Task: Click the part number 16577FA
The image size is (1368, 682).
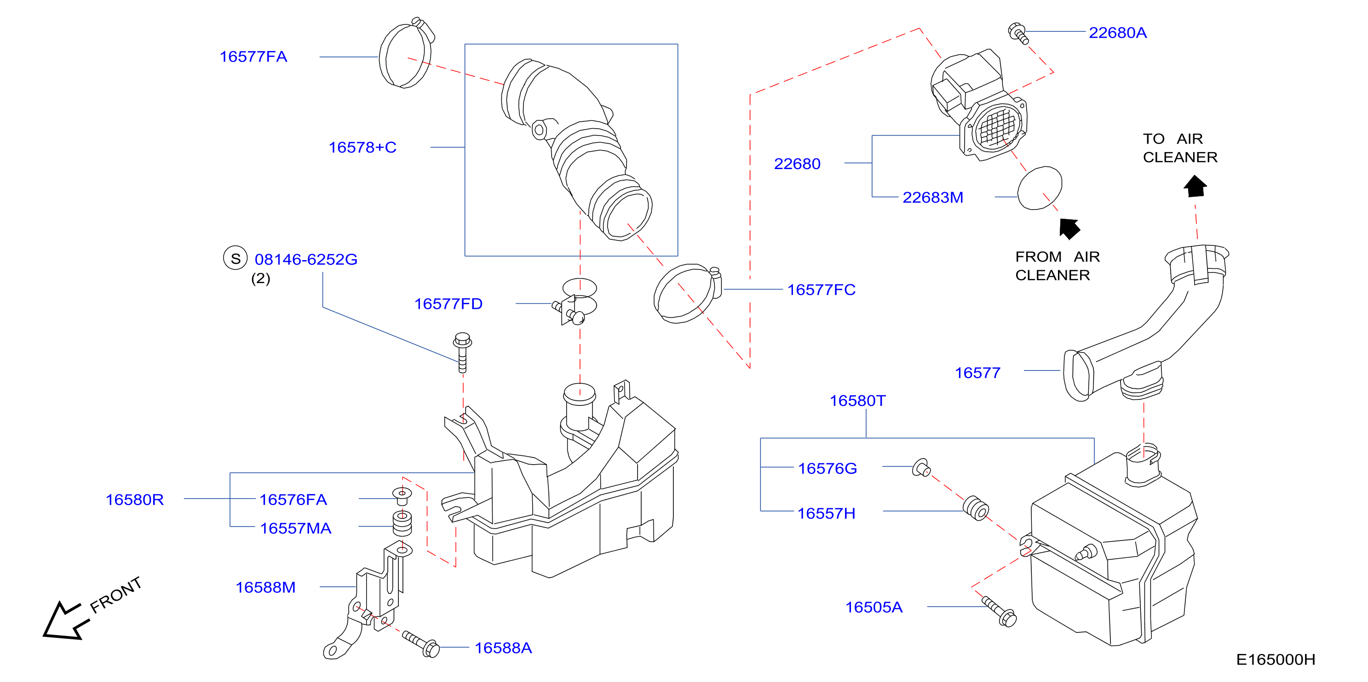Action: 253,57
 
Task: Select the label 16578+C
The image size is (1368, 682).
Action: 363,148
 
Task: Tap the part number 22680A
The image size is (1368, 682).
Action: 1118,33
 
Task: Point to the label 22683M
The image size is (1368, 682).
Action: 933,198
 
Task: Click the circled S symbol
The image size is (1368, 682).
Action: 235,258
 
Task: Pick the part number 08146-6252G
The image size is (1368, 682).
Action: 306,260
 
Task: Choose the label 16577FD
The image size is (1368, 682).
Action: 448,304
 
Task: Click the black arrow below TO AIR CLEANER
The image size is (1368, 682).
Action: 1196,186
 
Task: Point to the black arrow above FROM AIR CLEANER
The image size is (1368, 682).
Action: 1069,228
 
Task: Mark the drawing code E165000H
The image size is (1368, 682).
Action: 1276,659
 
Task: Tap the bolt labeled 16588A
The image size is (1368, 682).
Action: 420,643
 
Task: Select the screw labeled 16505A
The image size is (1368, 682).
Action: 999,611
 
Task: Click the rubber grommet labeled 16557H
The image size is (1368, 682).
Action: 976,508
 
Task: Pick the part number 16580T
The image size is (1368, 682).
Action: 858,401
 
